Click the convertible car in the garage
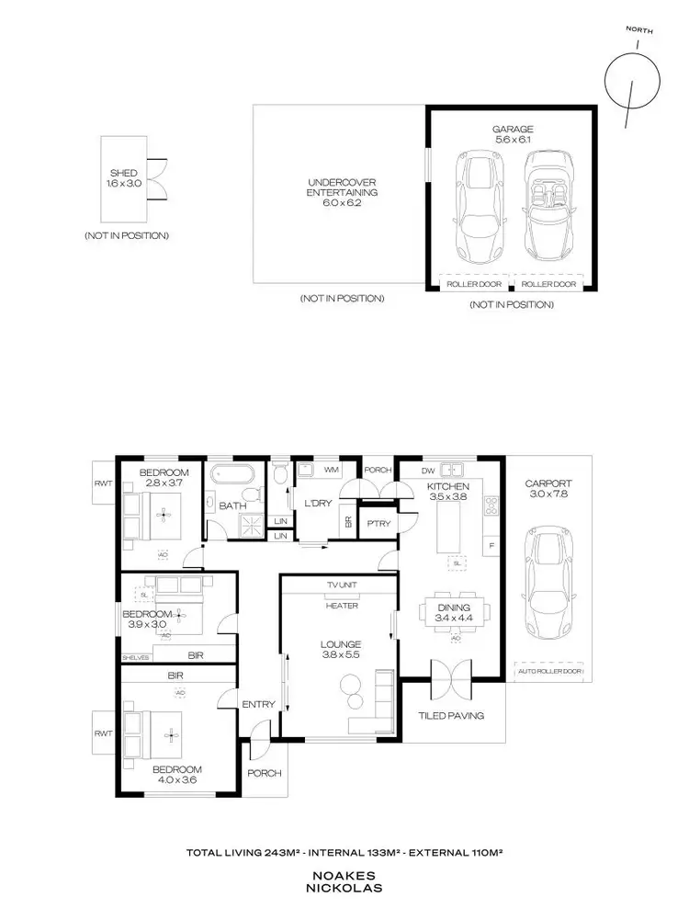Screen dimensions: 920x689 point(548,205)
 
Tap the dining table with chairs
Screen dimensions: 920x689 point(452,611)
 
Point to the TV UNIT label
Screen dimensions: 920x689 point(341,585)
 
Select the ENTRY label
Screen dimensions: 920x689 point(258,704)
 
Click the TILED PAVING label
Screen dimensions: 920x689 point(450,716)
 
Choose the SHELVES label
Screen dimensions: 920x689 point(136,657)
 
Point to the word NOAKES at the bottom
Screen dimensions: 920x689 point(344,877)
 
